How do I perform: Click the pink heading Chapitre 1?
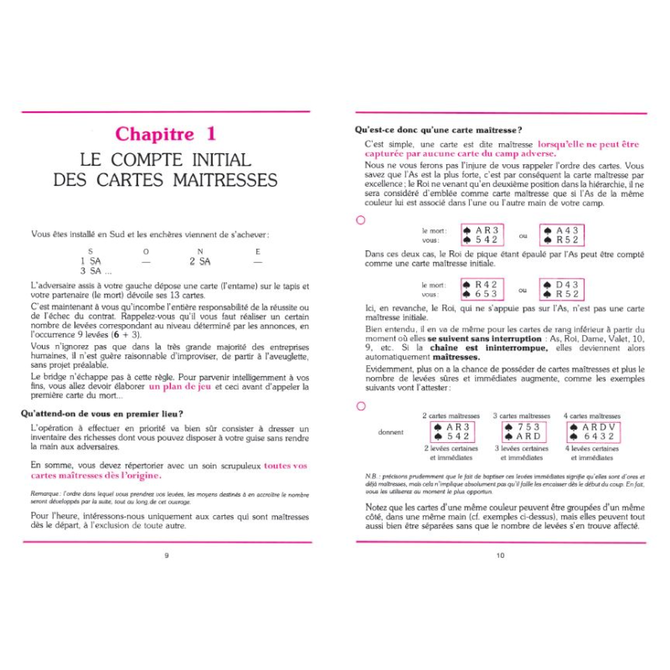click(165, 133)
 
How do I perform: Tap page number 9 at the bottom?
click(167, 554)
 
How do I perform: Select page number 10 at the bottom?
click(500, 554)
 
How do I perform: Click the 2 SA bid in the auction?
click(198, 261)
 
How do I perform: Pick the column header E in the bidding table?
click(257, 251)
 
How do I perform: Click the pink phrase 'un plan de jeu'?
click(179, 387)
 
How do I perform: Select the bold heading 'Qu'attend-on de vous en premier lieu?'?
click(111, 413)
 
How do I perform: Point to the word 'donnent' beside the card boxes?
click(391, 432)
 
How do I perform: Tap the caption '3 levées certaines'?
click(521, 449)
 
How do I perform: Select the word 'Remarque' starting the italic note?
click(46, 494)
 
